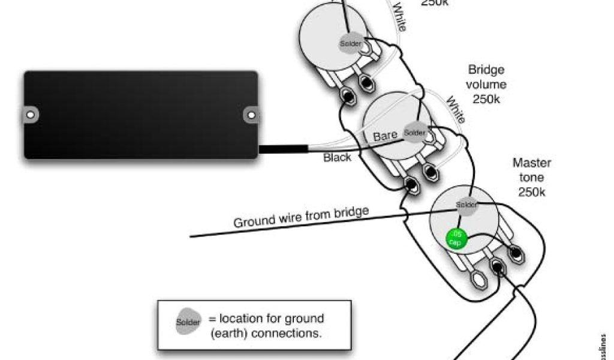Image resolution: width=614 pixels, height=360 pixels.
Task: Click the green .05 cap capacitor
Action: [x=456, y=238]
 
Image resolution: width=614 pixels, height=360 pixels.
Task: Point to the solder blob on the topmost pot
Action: [x=350, y=43]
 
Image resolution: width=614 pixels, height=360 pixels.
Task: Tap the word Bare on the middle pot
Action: [x=385, y=136]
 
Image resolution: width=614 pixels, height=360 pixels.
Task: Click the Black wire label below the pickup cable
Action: [x=338, y=158]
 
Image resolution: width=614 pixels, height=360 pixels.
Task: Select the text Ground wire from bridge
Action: [x=301, y=217]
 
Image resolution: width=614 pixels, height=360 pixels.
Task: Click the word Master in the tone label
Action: [x=531, y=163]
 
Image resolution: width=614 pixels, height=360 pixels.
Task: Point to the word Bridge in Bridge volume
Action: [x=486, y=70]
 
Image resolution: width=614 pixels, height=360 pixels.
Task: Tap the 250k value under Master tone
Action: [x=531, y=193]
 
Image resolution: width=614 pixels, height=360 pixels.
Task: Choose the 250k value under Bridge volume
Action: [x=486, y=100]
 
